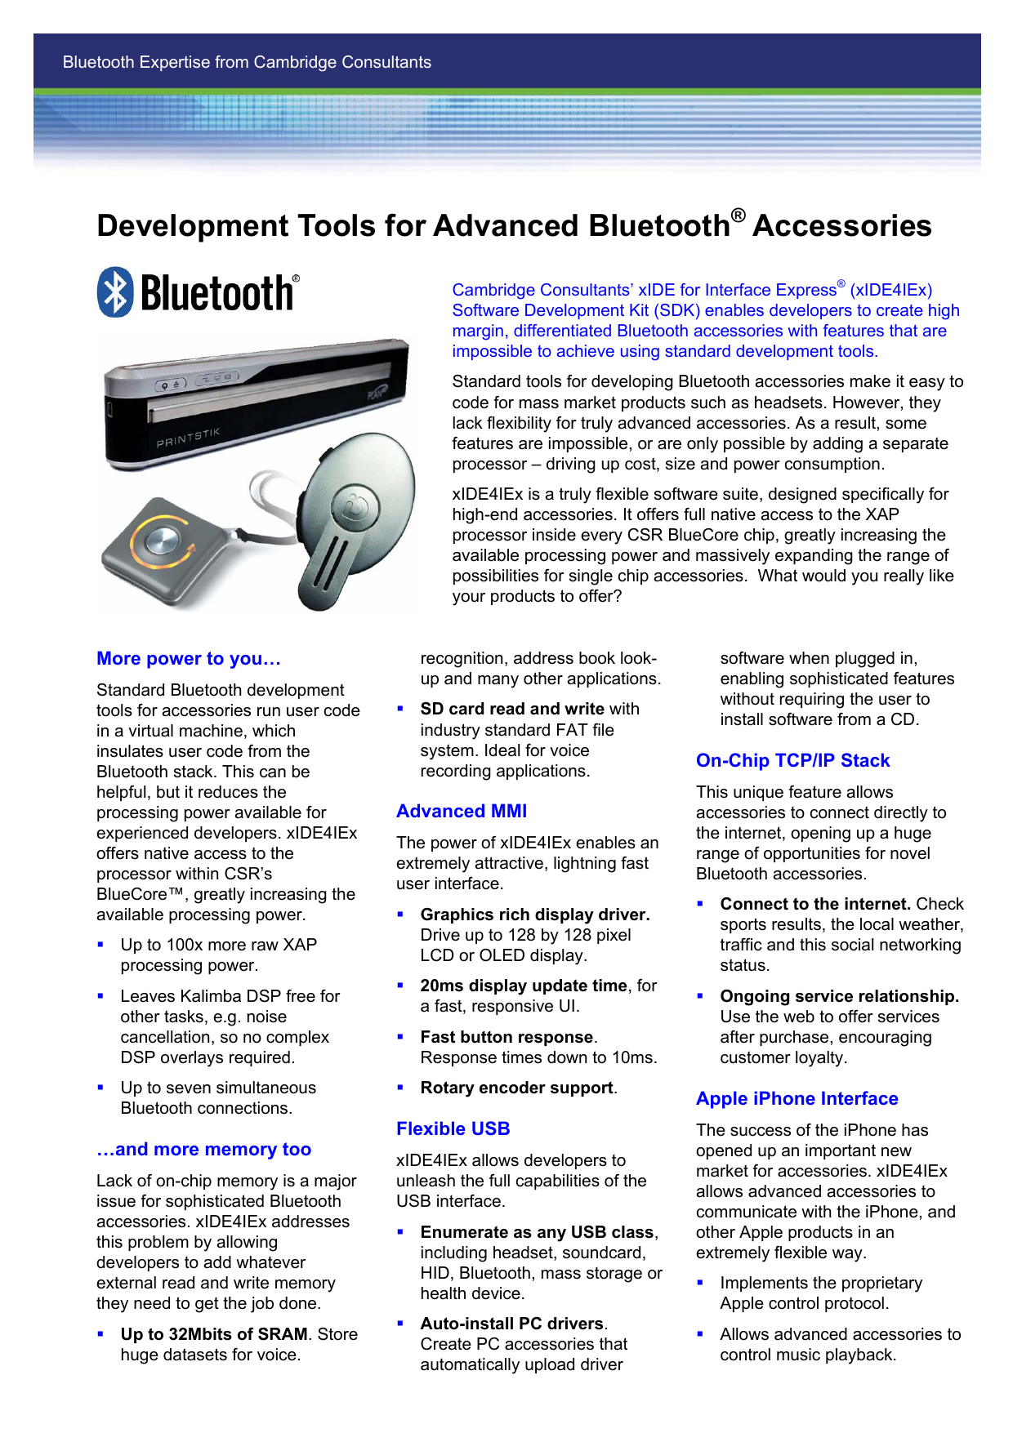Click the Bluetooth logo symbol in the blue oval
coord(115,292)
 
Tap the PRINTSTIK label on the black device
coord(188,438)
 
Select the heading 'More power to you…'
coord(189,659)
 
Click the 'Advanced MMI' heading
coord(462,812)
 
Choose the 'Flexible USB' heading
coord(453,1129)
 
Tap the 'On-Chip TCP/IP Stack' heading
coord(792,761)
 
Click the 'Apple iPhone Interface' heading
coord(797,1099)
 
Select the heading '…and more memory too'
coord(204,1150)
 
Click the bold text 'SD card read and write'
coord(512,709)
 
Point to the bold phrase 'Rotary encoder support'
coord(516,1088)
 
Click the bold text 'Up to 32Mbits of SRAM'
coord(214,1334)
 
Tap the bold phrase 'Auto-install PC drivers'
coord(512,1324)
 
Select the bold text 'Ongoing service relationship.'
coord(840,996)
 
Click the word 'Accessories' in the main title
coord(841,226)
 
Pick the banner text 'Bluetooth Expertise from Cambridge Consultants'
coord(247,62)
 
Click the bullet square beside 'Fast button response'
coord(400,1037)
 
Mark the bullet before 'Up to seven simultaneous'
coord(100,1088)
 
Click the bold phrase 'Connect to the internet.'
coord(815,904)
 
